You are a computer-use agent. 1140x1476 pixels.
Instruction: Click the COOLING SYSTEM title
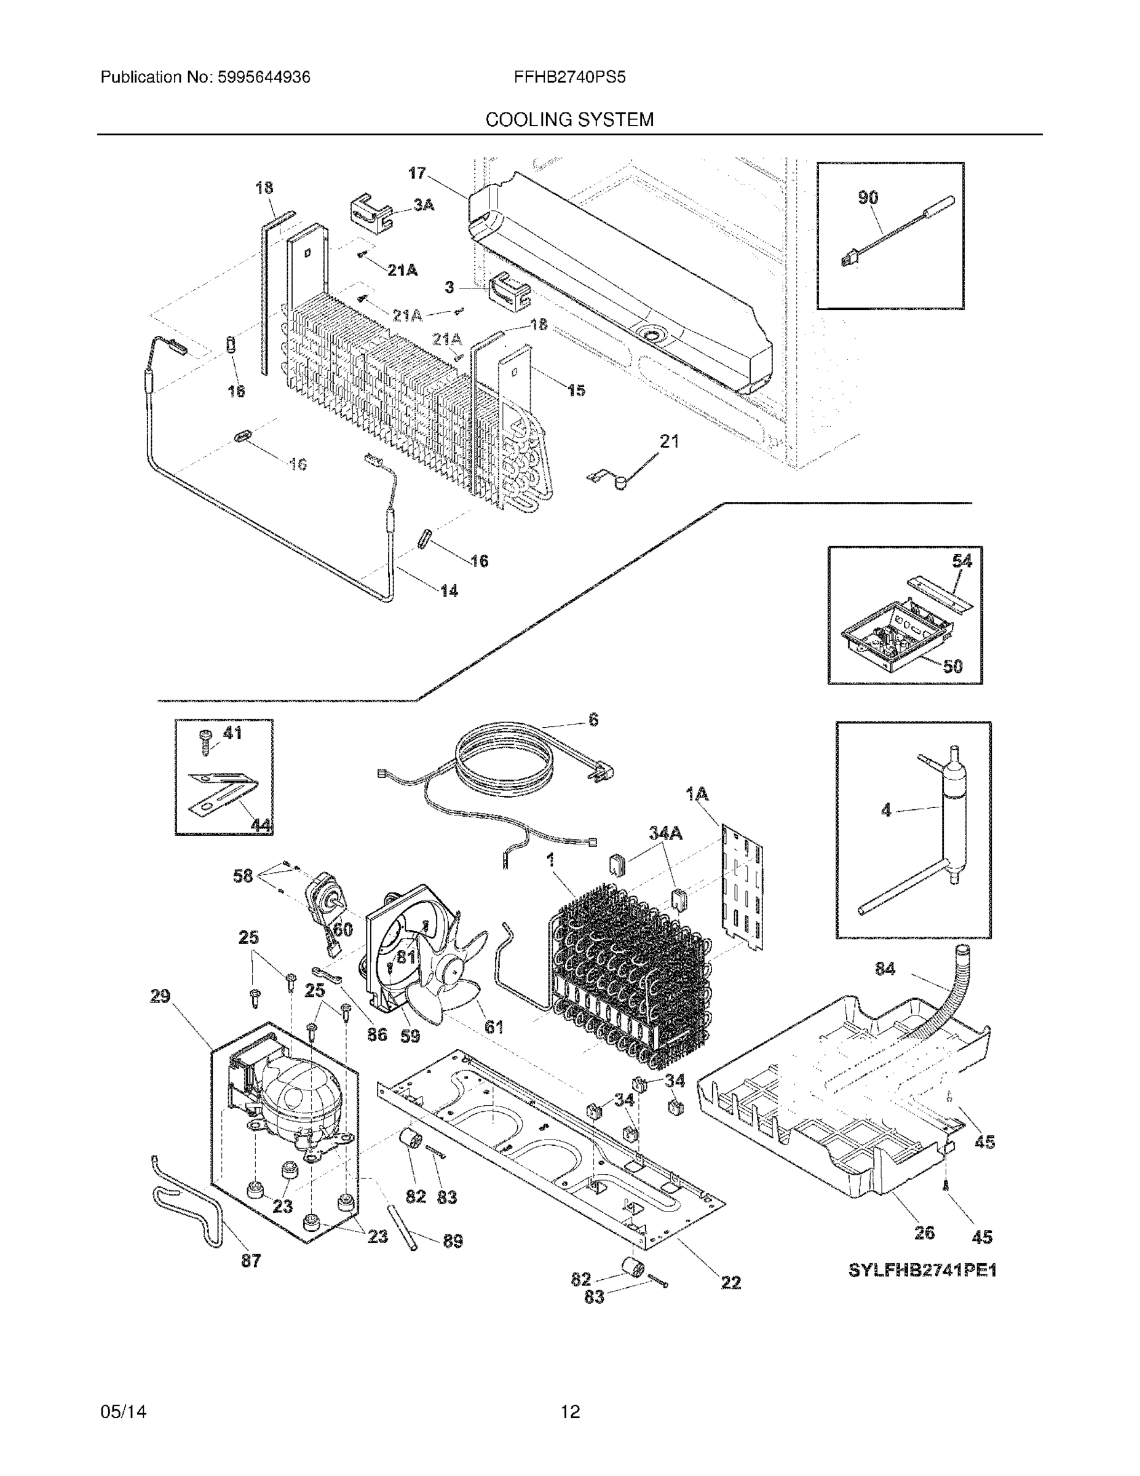[x=569, y=120]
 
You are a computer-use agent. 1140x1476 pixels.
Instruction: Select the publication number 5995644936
[x=263, y=77]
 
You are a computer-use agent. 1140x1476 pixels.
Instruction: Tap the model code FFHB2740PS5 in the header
[x=569, y=77]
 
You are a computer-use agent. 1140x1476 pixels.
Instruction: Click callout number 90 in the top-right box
[x=868, y=197]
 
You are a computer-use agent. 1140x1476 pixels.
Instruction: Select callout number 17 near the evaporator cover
[x=417, y=173]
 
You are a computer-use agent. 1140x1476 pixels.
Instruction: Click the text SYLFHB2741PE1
[x=922, y=1270]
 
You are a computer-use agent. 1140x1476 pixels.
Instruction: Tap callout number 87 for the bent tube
[x=251, y=1260]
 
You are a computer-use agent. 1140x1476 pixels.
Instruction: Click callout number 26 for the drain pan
[x=924, y=1232]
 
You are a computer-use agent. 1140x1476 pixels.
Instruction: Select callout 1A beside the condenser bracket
[x=697, y=794]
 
